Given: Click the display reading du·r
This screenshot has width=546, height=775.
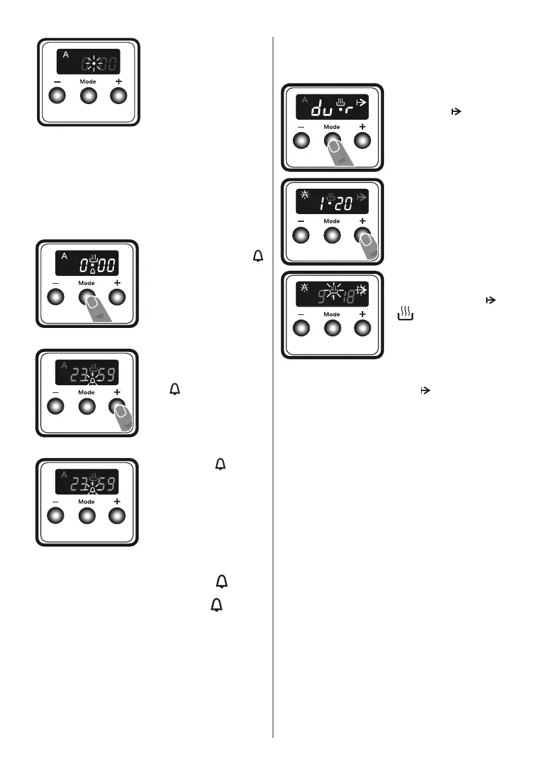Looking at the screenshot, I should coord(333,106).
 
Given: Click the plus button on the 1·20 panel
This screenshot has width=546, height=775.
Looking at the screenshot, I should coord(362,235).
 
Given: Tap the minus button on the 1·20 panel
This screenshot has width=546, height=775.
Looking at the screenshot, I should coord(302,235).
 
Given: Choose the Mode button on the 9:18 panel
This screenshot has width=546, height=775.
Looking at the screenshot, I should coord(332,329).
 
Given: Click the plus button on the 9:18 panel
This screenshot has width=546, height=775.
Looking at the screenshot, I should coord(362,329).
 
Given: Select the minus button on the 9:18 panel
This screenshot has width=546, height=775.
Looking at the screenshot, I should coord(302,329).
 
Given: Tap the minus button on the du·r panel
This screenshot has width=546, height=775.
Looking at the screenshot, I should coord(302,141).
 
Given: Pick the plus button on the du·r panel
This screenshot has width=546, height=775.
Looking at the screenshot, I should coord(362,141).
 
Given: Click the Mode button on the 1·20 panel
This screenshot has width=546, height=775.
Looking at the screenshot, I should coord(332,235).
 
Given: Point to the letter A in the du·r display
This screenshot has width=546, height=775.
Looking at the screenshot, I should coord(305,99).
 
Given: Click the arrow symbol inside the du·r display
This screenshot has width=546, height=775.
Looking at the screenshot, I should coord(362,102).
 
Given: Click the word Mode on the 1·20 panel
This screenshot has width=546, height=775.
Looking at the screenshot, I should coord(332,221).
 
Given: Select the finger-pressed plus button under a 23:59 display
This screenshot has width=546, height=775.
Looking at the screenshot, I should coord(117,407).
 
